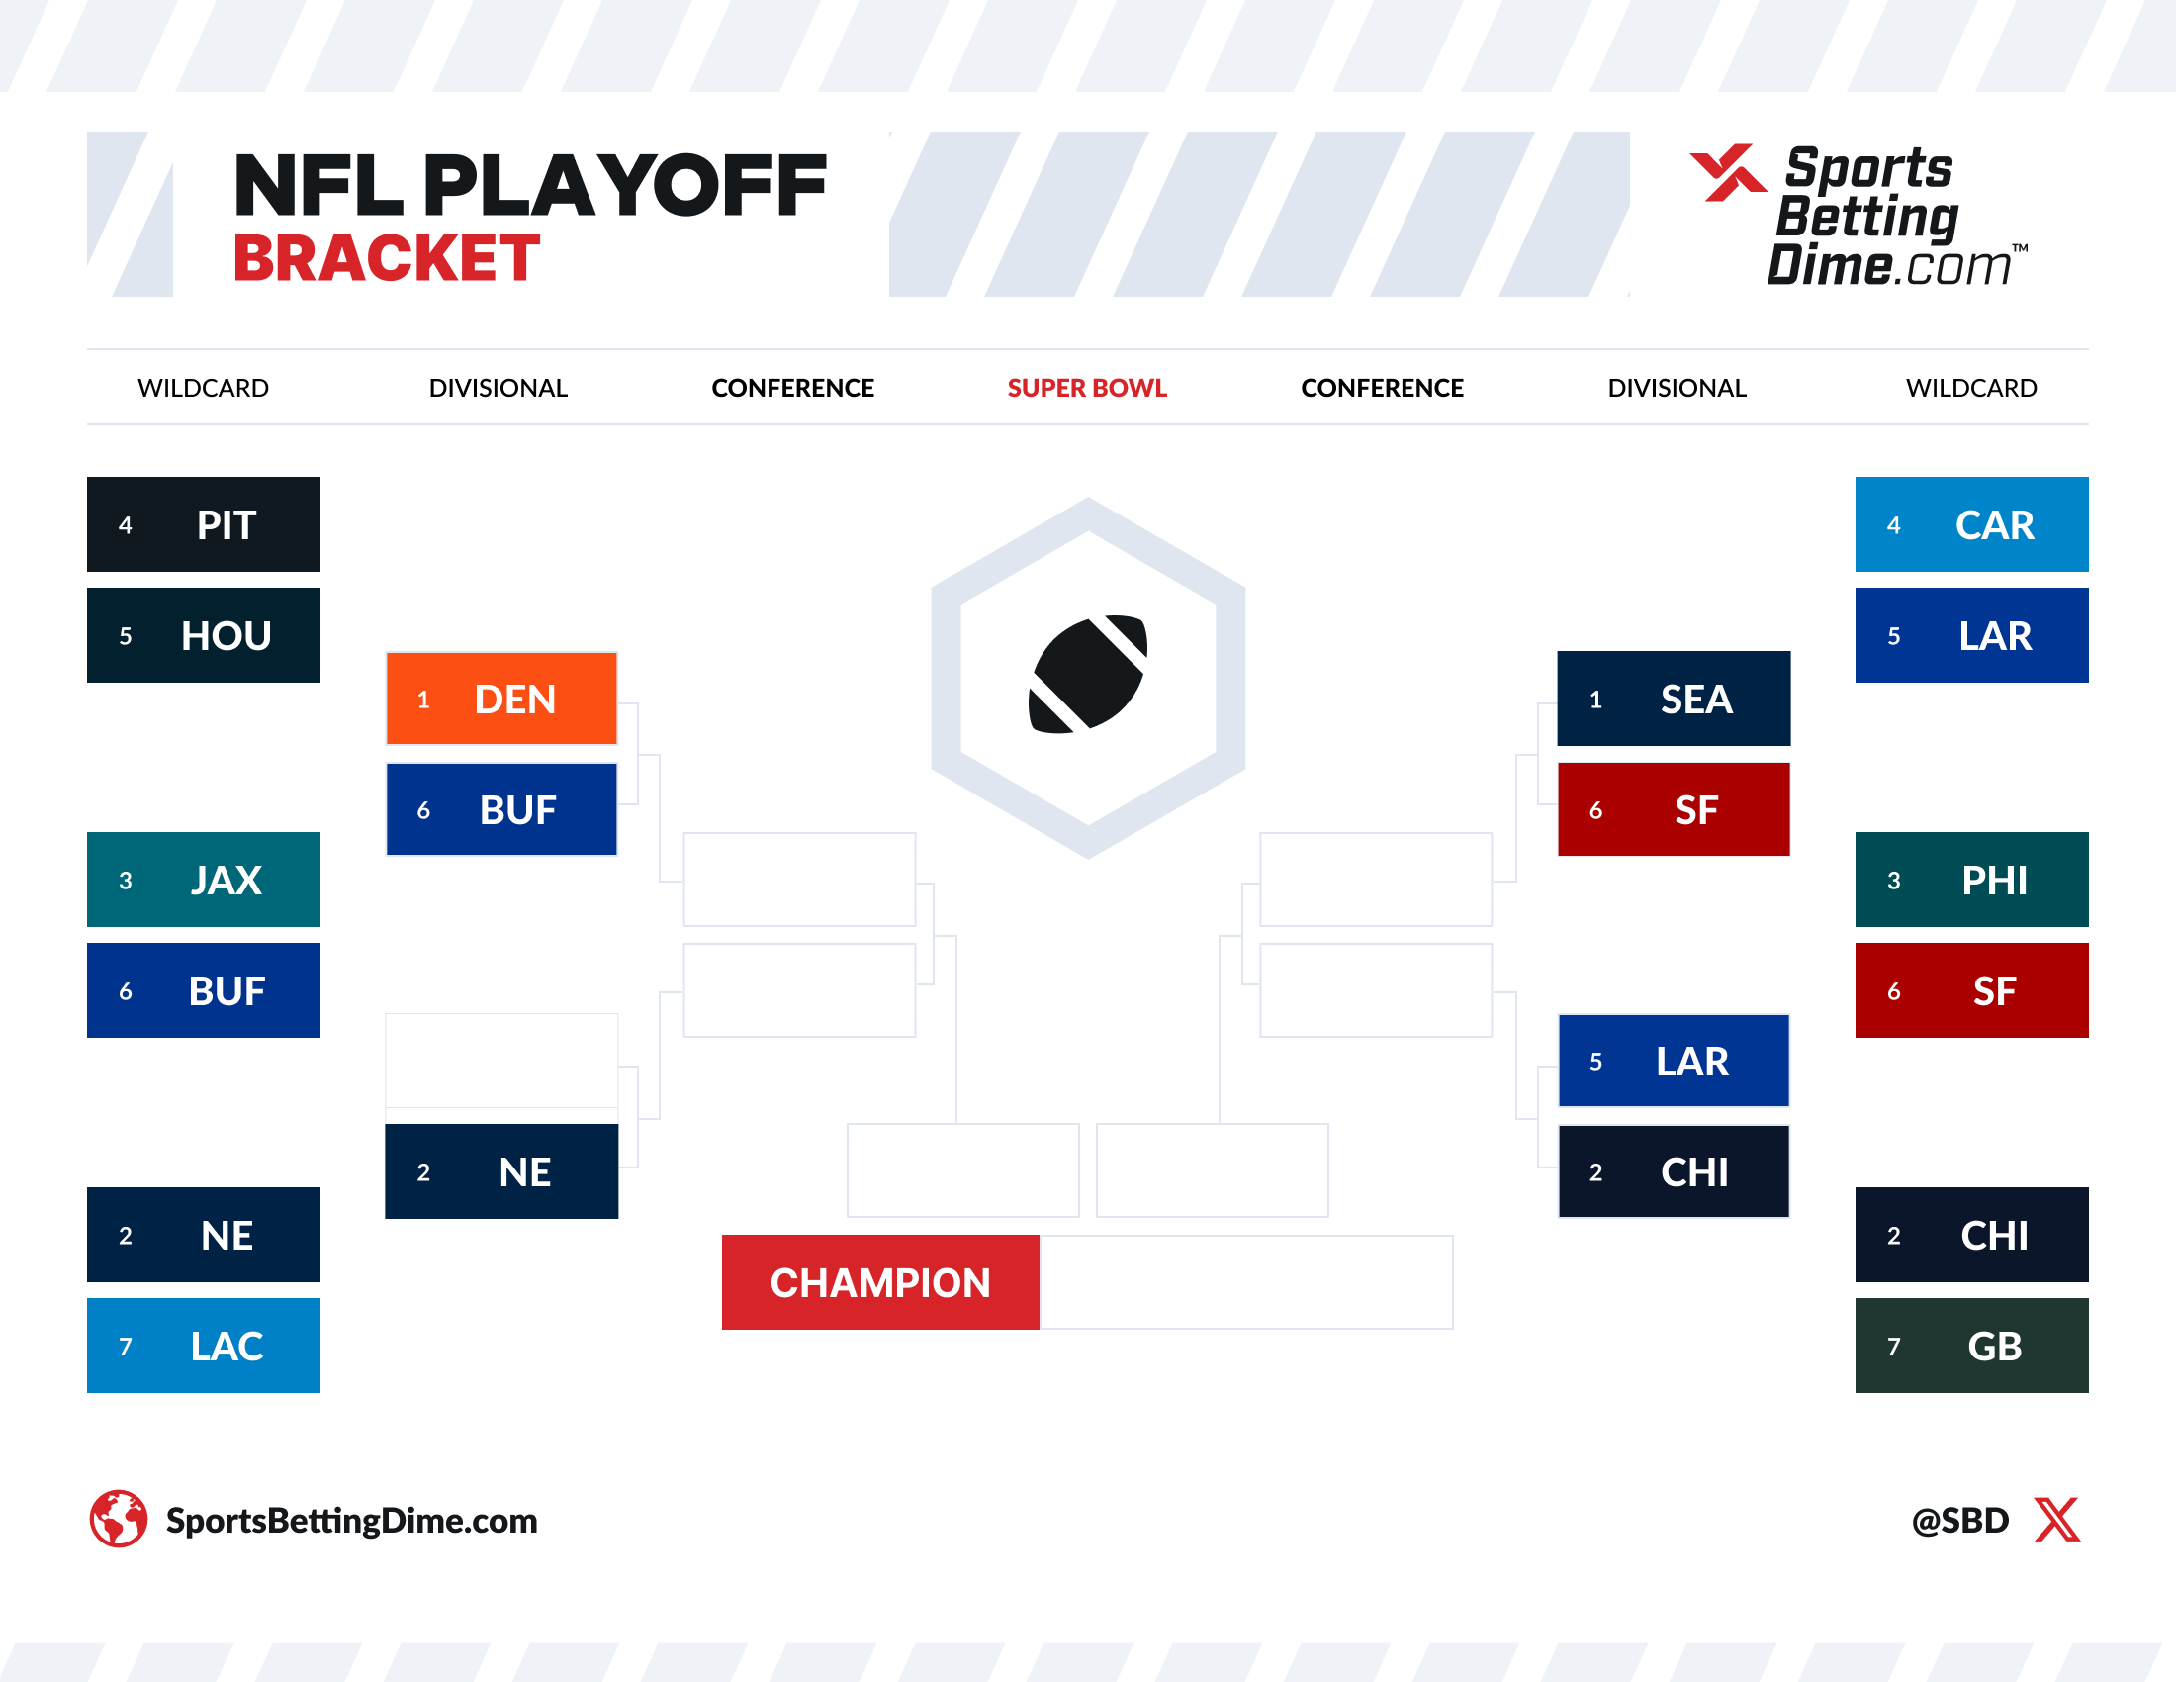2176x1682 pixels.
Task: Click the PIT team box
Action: [203, 524]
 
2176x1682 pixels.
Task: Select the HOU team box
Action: [203, 635]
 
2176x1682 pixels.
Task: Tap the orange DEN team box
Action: [501, 699]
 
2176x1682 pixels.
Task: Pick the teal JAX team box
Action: [203, 879]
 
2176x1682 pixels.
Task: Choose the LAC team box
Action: [203, 1346]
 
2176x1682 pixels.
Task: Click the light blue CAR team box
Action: [1970, 524]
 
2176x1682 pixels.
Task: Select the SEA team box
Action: [1673, 699]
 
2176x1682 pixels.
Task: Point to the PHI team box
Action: [1970, 879]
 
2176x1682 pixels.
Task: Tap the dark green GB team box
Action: [1970, 1346]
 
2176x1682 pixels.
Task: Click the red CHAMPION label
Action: [879, 1282]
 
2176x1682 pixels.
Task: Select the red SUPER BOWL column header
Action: [1086, 388]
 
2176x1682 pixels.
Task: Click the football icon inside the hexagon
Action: [1087, 675]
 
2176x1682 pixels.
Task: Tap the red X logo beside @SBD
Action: [2056, 1520]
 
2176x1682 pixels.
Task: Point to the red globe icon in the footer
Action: [119, 1519]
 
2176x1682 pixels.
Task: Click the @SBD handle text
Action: [1958, 1521]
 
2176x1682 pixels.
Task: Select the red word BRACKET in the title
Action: [387, 259]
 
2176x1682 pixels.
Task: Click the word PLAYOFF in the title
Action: [625, 185]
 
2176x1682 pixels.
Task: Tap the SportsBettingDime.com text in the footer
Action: [351, 1521]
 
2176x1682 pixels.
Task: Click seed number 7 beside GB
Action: [1893, 1347]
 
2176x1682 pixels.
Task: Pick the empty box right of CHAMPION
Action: [1245, 1282]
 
